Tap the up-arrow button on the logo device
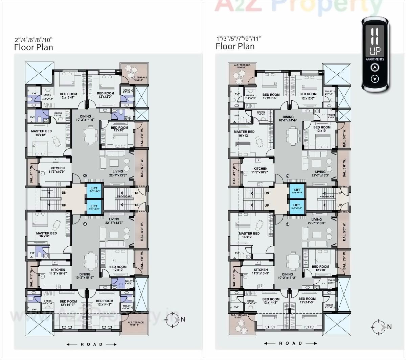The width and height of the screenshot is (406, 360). [374, 68]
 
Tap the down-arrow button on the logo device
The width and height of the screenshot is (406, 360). [374, 79]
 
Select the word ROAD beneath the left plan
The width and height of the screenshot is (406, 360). [92, 344]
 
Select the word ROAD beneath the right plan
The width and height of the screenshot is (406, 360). [290, 343]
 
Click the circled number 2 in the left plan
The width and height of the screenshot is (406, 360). [85, 175]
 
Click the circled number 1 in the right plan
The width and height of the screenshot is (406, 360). [287, 224]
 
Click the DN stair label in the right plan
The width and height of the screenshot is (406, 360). [267, 193]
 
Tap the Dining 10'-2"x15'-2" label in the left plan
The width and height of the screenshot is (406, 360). [85, 276]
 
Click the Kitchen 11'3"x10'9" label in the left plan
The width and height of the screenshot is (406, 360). [58, 170]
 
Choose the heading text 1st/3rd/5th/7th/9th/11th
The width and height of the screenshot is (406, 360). [239, 38]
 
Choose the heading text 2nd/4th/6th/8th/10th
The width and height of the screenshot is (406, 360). [34, 40]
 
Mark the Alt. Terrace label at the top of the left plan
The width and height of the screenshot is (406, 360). [139, 79]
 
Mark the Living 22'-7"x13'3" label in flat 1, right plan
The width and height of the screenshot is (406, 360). [316, 221]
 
